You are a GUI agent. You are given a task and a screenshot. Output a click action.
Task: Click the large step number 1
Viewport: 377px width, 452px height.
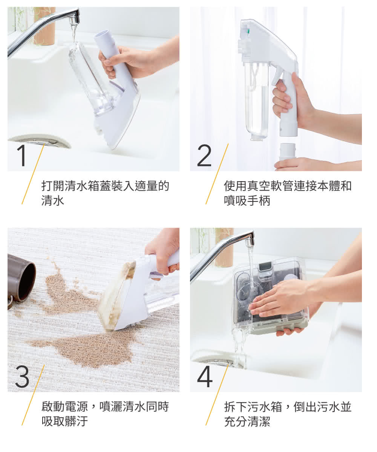pyautogui.click(x=22, y=156)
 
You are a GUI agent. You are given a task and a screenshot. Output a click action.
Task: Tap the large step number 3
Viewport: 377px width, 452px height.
pyautogui.click(x=22, y=377)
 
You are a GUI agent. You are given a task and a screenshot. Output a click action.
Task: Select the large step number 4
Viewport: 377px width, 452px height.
pyautogui.click(x=205, y=377)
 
